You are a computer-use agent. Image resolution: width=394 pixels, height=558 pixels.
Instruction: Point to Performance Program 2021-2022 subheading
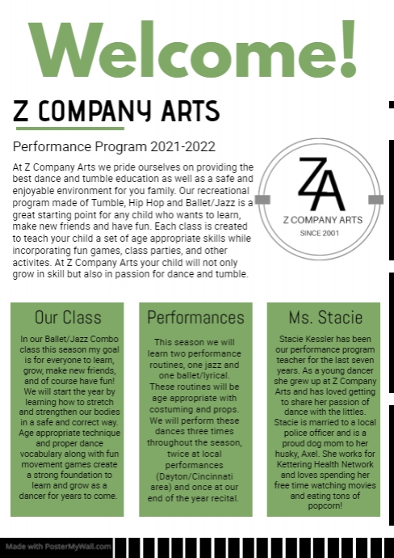pyautogui.click(x=115, y=147)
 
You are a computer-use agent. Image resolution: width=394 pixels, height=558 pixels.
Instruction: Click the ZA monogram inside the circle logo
pyautogui.click(x=321, y=184)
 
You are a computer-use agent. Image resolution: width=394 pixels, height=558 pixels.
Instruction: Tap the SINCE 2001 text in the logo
pyautogui.click(x=321, y=233)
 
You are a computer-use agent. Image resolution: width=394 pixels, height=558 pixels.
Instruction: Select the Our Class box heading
pyautogui.click(x=67, y=317)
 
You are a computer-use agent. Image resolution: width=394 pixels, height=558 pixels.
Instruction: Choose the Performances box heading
pyautogui.click(x=195, y=317)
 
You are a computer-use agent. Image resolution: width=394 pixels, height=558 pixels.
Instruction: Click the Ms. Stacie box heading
pyautogui.click(x=325, y=317)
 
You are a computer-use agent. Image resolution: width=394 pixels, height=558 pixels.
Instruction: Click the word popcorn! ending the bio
pyautogui.click(x=325, y=505)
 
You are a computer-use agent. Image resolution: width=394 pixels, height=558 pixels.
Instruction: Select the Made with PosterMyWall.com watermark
pyautogui.click(x=57, y=547)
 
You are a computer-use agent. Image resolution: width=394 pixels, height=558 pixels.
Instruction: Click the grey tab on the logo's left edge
pyautogui.click(x=262, y=198)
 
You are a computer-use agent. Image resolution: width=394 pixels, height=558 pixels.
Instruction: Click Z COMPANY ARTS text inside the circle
pyautogui.click(x=321, y=219)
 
